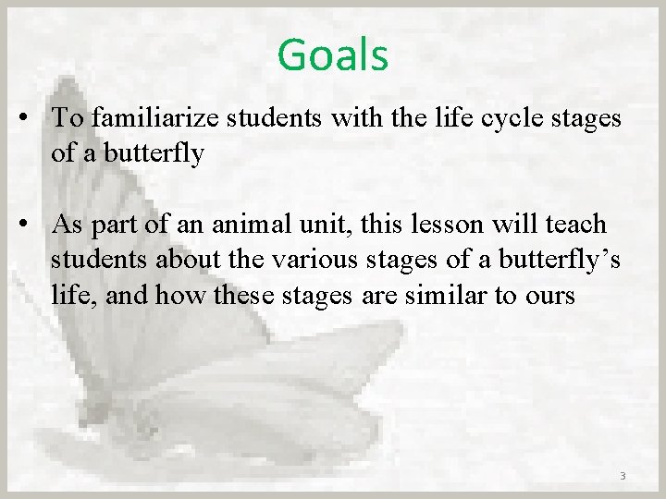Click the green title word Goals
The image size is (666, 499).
[x=332, y=55]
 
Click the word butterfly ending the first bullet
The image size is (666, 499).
[x=143, y=152]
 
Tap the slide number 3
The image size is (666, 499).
[x=622, y=476]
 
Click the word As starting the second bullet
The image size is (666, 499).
[x=67, y=225]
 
